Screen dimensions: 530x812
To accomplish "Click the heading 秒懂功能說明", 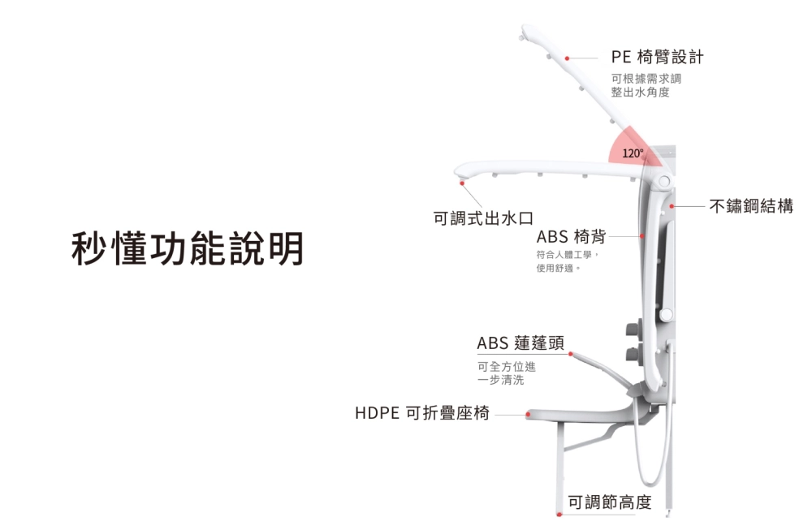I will tap(187, 248).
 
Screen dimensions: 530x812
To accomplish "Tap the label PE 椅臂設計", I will tap(657, 57).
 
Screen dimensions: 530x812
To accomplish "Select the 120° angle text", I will tap(633, 153).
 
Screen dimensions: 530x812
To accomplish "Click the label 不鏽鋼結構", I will tap(751, 206).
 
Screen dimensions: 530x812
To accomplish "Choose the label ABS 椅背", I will tap(571, 236).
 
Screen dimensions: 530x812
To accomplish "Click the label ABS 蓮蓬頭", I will tap(520, 343).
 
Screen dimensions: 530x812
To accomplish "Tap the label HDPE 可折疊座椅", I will tap(422, 413).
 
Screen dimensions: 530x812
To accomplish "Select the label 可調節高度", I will tap(609, 502).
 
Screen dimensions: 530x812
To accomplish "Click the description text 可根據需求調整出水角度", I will tap(646, 85).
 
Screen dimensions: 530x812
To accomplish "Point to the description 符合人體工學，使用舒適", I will tap(567, 261).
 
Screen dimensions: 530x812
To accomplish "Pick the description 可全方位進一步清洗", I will tap(506, 373).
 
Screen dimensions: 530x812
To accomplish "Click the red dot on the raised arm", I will tap(568, 58).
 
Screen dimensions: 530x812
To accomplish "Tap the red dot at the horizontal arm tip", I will tap(462, 183).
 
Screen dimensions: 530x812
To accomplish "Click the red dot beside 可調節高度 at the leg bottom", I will tap(559, 514).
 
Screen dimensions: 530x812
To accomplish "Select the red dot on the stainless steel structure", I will tap(672, 207).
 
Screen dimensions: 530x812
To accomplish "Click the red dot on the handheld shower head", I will tap(571, 354).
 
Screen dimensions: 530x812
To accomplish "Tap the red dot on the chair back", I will tap(642, 236).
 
